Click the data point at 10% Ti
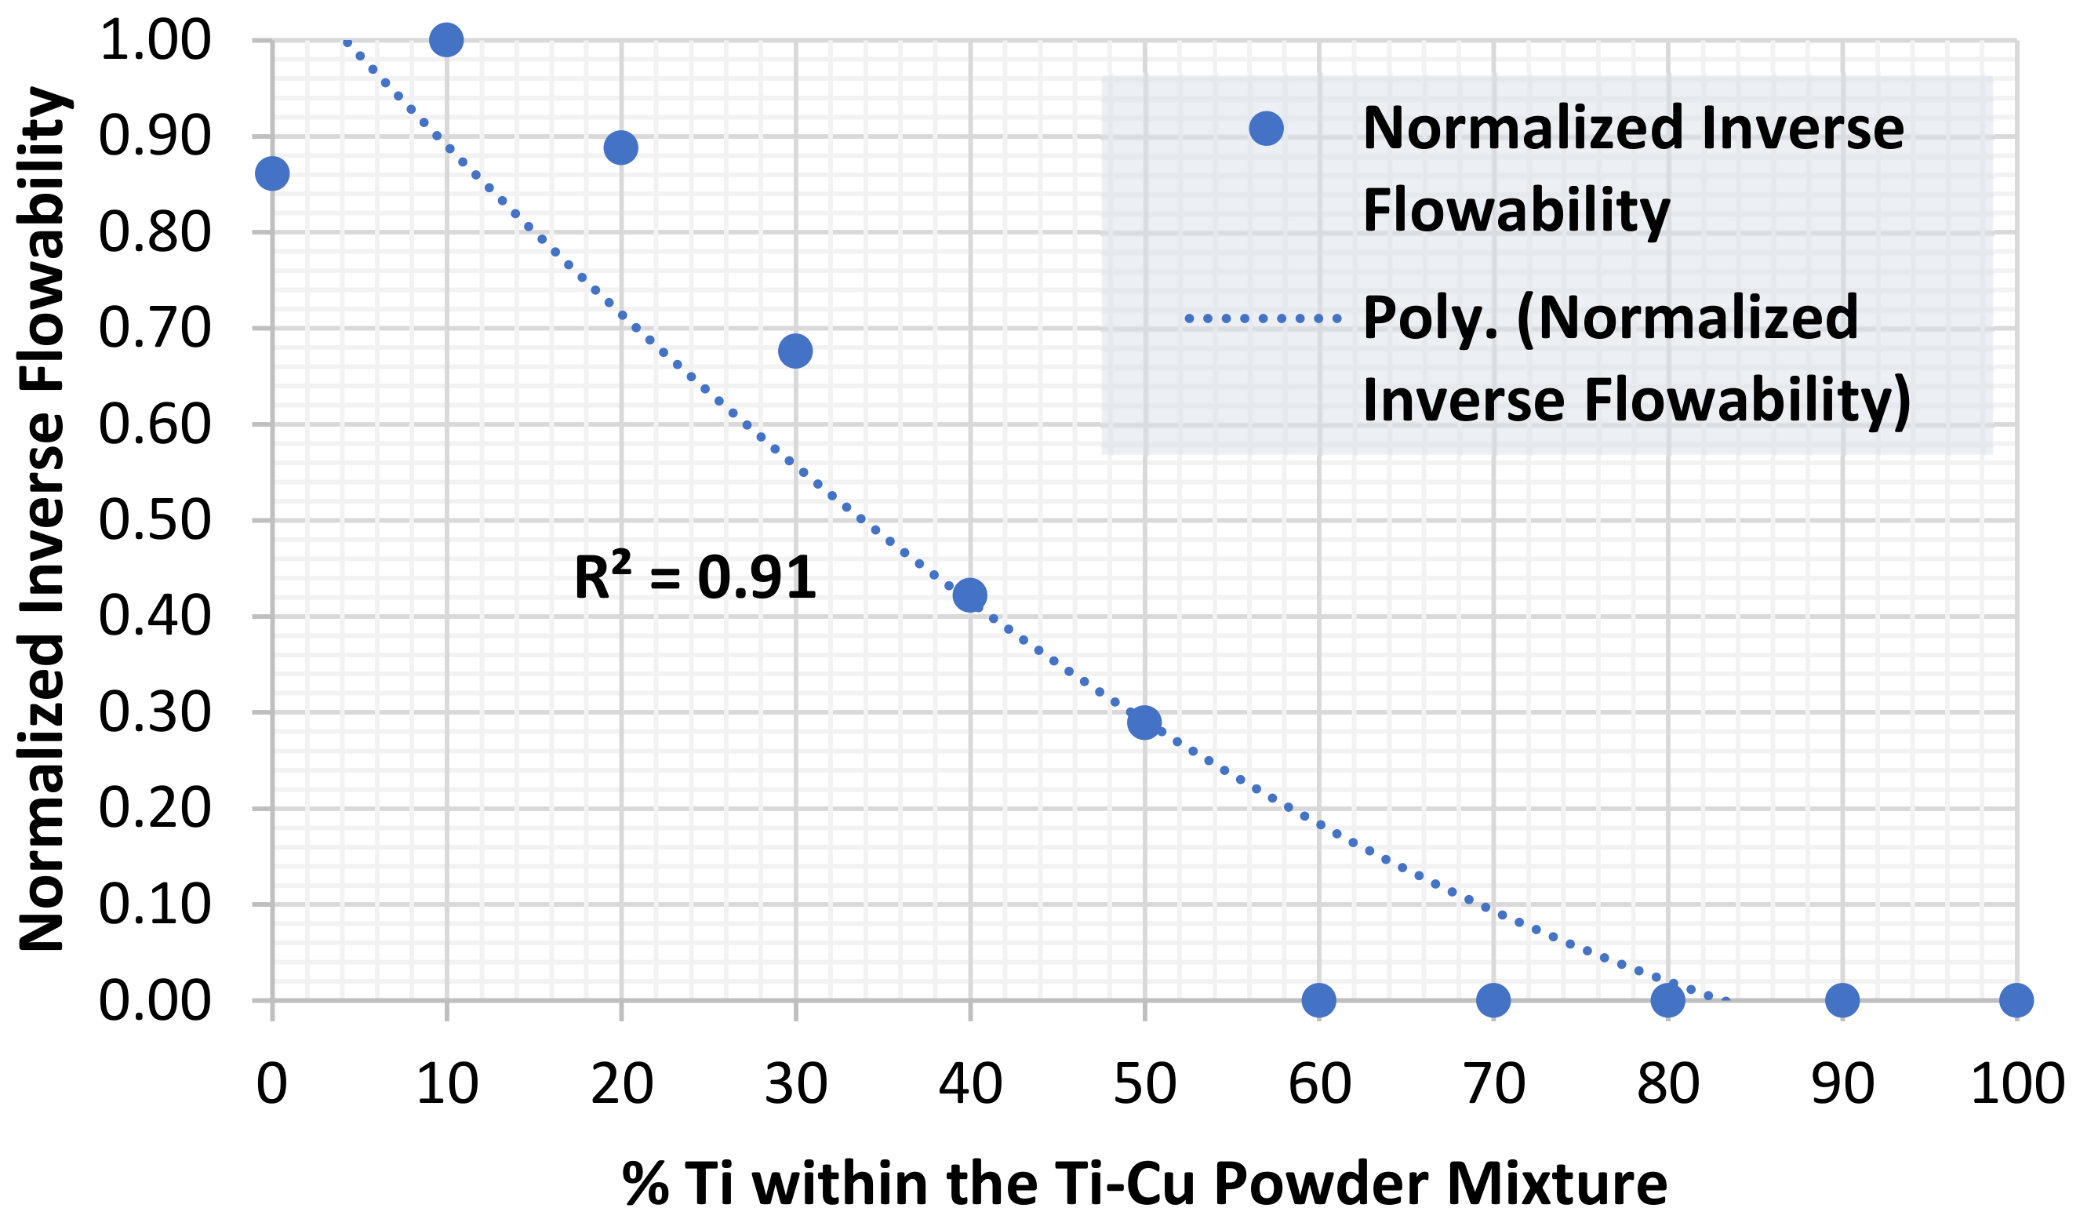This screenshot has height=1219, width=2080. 446,40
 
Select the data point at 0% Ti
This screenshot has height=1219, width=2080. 272,173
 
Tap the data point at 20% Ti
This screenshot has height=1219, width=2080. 620,147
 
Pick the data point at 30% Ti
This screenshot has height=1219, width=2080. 795,351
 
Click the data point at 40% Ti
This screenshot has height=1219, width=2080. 970,595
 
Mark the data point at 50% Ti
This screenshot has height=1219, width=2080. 1144,722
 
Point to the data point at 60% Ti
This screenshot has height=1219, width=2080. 1319,999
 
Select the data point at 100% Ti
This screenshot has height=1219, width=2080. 2016,999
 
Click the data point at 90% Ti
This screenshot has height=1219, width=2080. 1842,999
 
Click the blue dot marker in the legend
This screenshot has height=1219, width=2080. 1266,129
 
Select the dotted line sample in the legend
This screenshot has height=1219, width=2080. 1263,318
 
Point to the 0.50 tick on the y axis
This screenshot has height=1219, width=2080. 155,521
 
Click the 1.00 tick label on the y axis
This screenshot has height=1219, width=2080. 155,41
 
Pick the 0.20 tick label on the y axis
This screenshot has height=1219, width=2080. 155,808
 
